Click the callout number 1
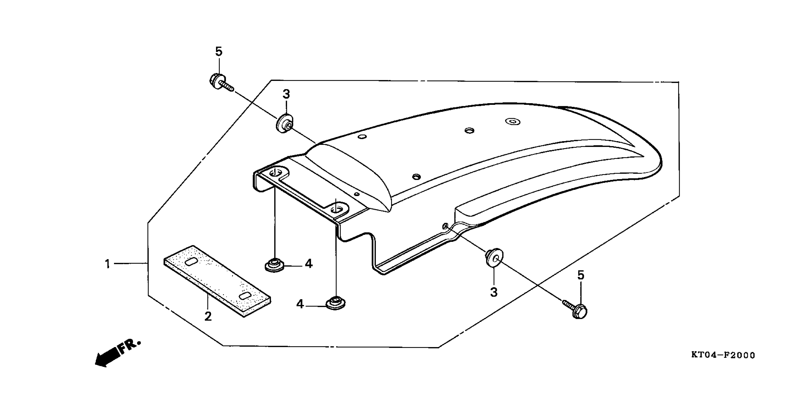[x=107, y=264]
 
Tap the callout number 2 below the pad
[x=208, y=316]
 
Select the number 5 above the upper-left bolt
[x=219, y=52]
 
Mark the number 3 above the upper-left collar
[x=286, y=94]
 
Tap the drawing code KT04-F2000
[x=723, y=355]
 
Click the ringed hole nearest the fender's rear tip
[x=513, y=122]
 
